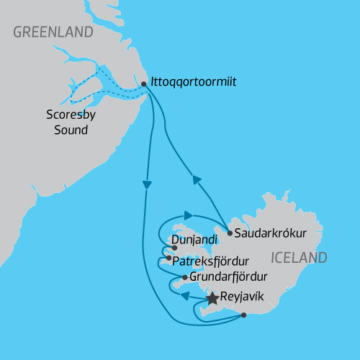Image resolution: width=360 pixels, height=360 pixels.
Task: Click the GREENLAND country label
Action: point(53,32)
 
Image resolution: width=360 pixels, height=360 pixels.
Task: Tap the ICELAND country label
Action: point(298,258)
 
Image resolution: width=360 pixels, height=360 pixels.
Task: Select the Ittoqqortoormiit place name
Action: point(194,83)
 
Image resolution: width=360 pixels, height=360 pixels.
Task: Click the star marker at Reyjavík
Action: point(212,297)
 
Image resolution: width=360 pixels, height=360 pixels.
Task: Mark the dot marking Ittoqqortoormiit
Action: point(144,84)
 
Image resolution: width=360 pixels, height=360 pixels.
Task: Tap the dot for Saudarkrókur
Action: point(229,233)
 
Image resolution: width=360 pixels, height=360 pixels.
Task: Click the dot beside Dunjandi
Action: point(174,247)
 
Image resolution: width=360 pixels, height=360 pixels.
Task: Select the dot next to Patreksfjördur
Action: point(168,258)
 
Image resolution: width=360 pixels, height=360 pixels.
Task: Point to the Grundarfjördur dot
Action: point(185,277)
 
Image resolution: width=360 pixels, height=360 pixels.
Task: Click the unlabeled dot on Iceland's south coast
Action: point(244,315)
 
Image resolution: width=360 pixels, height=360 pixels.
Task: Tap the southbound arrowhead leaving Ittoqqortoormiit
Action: point(147,185)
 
